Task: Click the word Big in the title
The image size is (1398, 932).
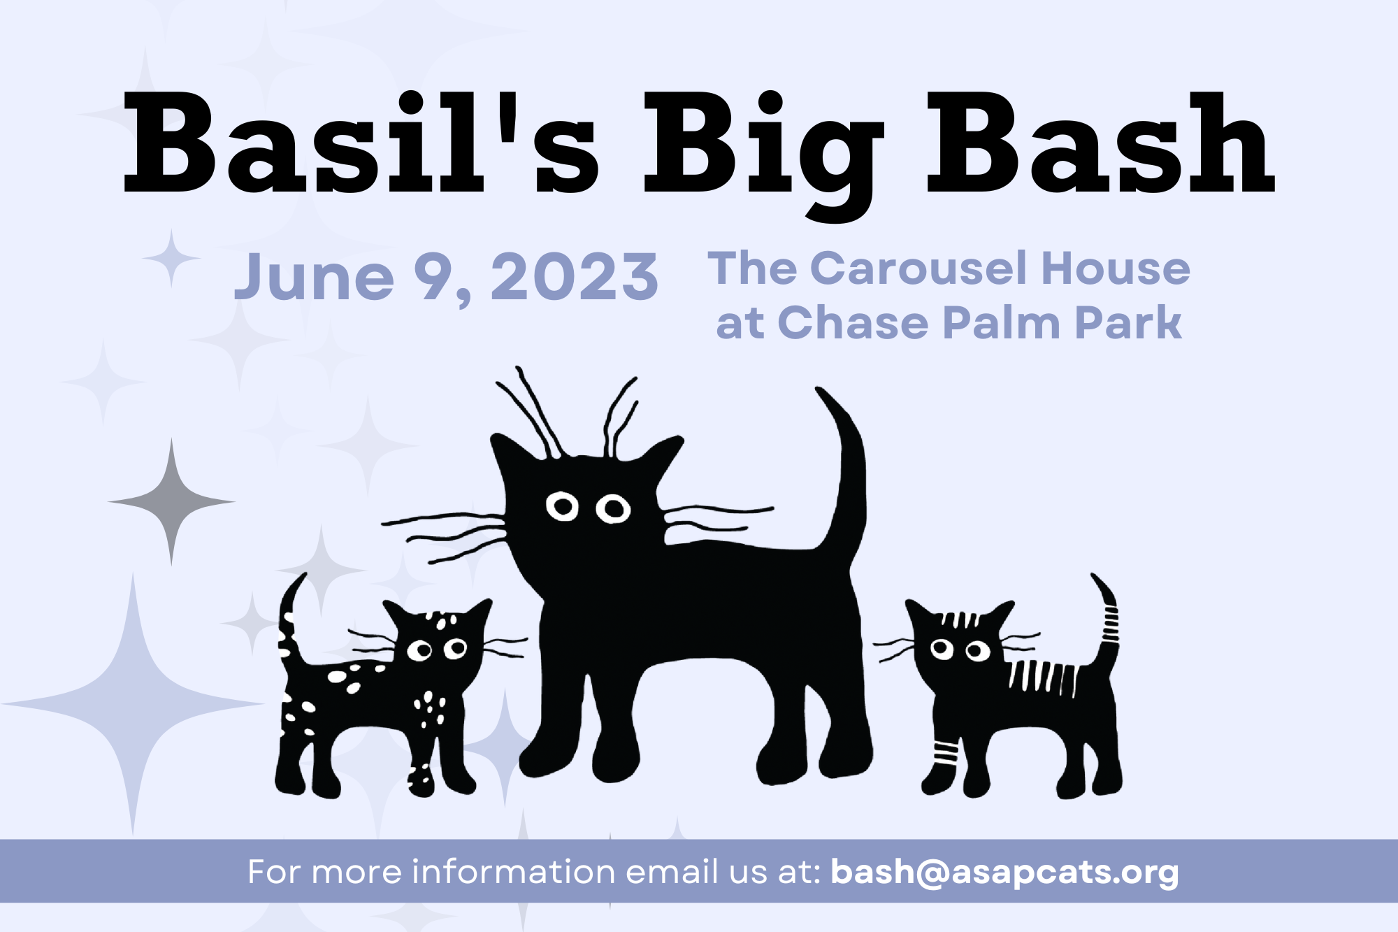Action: [763, 147]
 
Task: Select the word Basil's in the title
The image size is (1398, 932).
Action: [360, 143]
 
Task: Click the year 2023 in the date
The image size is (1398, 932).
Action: [574, 278]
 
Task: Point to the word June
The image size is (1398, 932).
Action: [314, 278]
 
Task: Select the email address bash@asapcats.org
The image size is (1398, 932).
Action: [1004, 872]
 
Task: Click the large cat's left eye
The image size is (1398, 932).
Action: [562, 506]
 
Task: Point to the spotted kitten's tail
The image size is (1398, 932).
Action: [289, 622]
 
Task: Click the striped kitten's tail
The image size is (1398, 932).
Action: [1107, 622]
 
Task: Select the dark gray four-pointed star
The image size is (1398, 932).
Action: [171, 501]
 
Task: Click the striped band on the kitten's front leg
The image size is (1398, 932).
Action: [946, 752]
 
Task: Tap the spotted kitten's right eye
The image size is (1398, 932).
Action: [456, 647]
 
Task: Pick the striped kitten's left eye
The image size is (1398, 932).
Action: [942, 649]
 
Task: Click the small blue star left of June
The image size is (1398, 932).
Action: [171, 258]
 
